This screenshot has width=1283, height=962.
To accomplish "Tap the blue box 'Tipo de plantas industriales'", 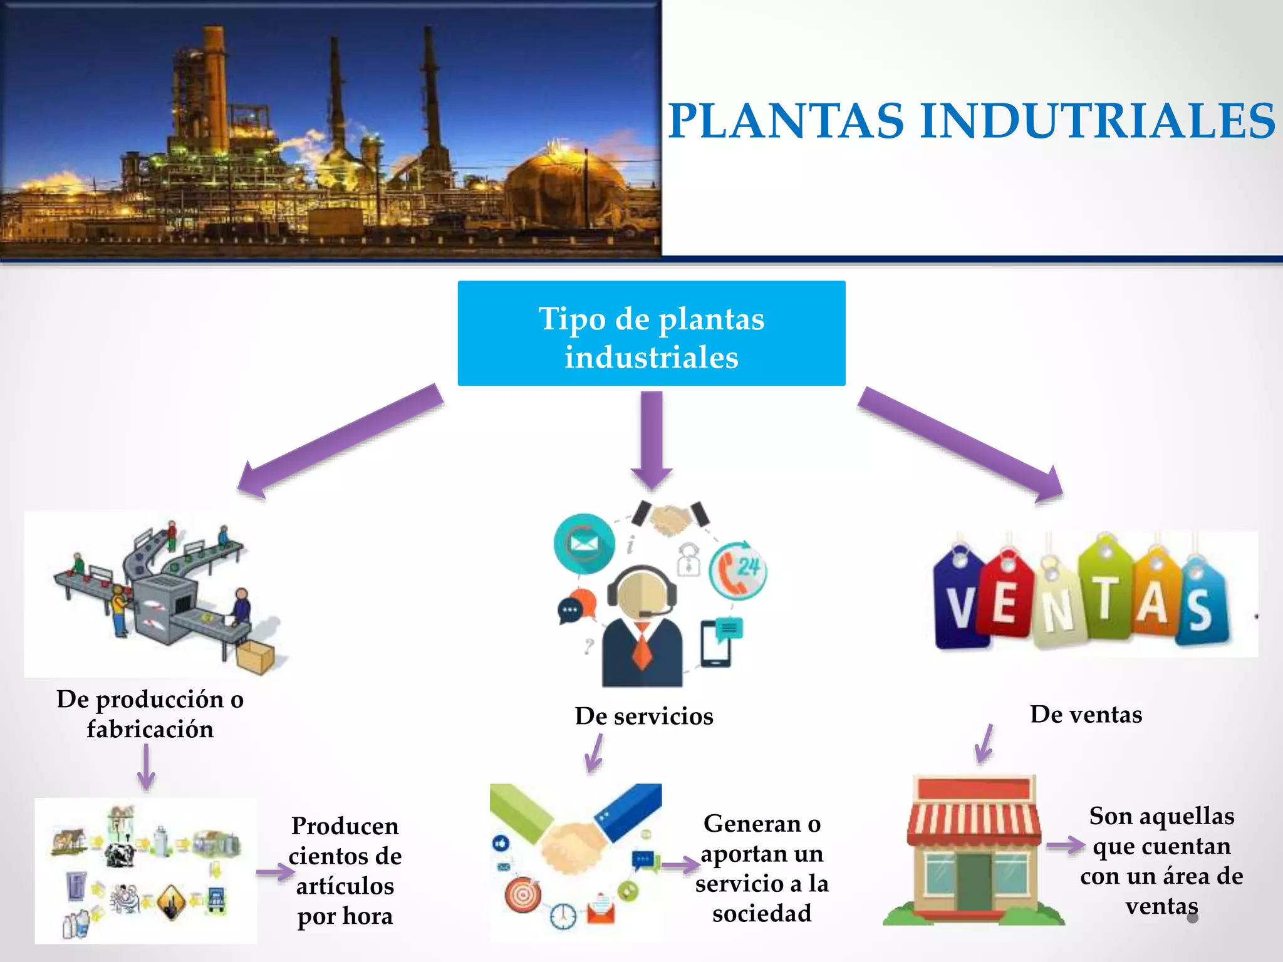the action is coord(652,333).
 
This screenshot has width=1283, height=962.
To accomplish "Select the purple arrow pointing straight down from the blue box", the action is coord(652,440).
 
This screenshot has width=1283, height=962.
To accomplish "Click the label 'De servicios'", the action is coord(644,716).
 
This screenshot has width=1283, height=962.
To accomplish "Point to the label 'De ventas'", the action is coord(1086,715).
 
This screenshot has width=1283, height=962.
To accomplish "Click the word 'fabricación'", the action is coord(150,729).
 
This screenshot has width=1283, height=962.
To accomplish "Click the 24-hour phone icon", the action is coord(738,570).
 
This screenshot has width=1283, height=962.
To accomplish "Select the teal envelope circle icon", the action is coord(584,544).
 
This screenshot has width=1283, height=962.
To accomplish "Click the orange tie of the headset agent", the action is coord(642,646).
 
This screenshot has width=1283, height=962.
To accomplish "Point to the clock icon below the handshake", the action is coord(563,916).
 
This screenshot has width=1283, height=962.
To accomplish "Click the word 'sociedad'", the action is coord(762,913).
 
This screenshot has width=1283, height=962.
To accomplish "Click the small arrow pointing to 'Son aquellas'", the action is coord(1066,846).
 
